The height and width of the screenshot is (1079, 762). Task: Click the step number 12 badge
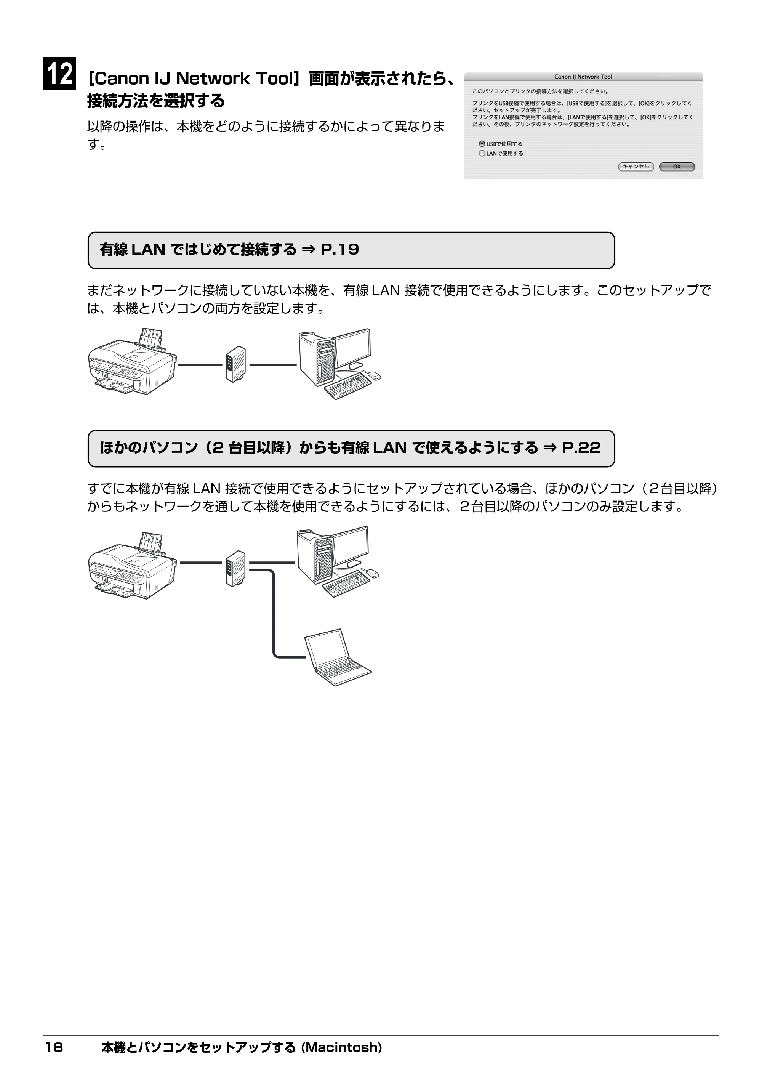pyautogui.click(x=60, y=73)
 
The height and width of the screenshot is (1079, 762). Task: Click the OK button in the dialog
pyautogui.click(x=677, y=166)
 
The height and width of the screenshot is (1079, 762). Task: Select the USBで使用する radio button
pyautogui.click(x=482, y=144)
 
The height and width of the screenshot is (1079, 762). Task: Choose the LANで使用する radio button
pyautogui.click(x=482, y=153)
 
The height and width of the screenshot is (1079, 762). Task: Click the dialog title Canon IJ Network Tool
pyautogui.click(x=583, y=77)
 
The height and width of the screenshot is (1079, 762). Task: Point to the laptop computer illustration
pyautogui.click(x=338, y=657)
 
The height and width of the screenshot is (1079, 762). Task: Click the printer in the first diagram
pyautogui.click(x=133, y=362)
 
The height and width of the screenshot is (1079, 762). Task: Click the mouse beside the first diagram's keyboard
pyautogui.click(x=374, y=375)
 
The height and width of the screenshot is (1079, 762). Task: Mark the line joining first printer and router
pyautogui.click(x=200, y=365)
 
